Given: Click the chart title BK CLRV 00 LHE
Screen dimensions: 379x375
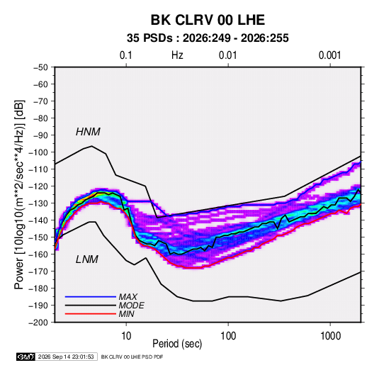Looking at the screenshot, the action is click(208, 20).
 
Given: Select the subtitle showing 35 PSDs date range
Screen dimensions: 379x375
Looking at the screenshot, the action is click(208, 38).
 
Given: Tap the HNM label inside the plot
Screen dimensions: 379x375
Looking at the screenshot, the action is click(88, 132).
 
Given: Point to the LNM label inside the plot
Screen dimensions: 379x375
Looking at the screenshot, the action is click(87, 259).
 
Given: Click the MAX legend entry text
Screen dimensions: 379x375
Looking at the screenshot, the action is click(128, 297).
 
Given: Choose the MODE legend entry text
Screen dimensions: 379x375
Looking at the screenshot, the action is click(132, 306).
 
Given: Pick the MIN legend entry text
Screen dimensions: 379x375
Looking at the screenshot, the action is click(126, 314).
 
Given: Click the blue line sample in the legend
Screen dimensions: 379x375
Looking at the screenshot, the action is click(91, 297).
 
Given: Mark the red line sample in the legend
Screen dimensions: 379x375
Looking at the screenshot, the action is click(91, 314).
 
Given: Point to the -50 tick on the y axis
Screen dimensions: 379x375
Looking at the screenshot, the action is click(40, 67).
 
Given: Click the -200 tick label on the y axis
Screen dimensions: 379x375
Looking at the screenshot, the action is click(38, 323).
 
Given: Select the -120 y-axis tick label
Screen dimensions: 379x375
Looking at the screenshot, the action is click(38, 186).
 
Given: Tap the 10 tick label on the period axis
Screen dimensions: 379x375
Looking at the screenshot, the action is click(126, 336).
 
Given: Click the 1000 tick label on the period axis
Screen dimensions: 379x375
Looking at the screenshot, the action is click(330, 336).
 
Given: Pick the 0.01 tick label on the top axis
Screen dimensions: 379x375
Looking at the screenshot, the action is click(227, 55).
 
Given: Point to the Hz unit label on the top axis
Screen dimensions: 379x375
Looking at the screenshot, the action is click(177, 55).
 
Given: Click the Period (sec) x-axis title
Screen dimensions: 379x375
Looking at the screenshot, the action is click(177, 344).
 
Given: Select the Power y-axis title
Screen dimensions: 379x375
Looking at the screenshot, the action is click(19, 194).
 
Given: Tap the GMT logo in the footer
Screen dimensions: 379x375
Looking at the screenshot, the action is click(26, 357).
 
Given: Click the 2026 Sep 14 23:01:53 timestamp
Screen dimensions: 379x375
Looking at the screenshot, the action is click(66, 357).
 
